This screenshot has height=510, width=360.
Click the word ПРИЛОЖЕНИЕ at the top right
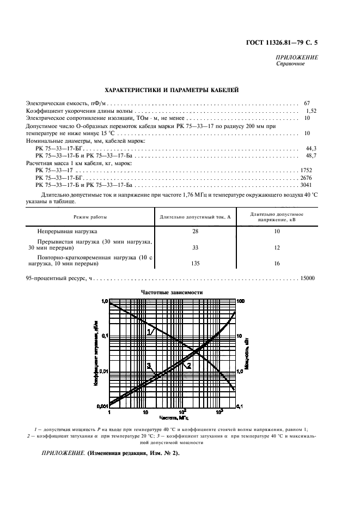[297, 57]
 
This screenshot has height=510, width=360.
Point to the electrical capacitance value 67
[307, 102]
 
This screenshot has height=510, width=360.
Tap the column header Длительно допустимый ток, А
[195, 217]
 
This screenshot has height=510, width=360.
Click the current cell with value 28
[195, 231]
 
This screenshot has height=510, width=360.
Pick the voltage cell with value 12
[277, 247]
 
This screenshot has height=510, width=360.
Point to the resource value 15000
[307, 278]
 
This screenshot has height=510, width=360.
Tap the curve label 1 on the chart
[149, 331]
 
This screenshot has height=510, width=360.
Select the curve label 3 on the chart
[148, 366]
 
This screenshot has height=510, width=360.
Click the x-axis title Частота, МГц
[173, 417]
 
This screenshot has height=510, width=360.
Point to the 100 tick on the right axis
[243, 301]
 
